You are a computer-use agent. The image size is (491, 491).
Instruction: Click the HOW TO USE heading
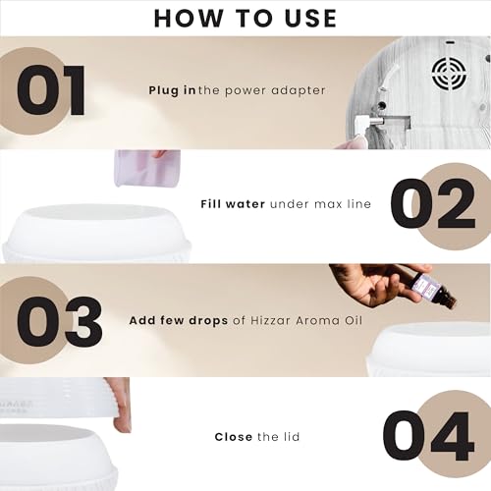[245, 19]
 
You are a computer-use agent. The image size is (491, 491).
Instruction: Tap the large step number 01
[51, 90]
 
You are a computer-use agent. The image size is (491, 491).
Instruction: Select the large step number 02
[433, 203]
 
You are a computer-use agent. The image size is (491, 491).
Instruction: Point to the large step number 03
[59, 322]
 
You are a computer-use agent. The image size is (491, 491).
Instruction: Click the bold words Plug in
[172, 90]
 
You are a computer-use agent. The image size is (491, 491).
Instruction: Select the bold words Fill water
[233, 204]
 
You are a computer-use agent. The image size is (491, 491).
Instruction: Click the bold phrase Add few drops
[179, 320]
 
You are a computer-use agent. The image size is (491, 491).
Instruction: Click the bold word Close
[234, 437]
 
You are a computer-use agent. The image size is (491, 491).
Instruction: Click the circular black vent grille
[449, 74]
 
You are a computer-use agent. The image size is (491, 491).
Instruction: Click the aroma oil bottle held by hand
[433, 290]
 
